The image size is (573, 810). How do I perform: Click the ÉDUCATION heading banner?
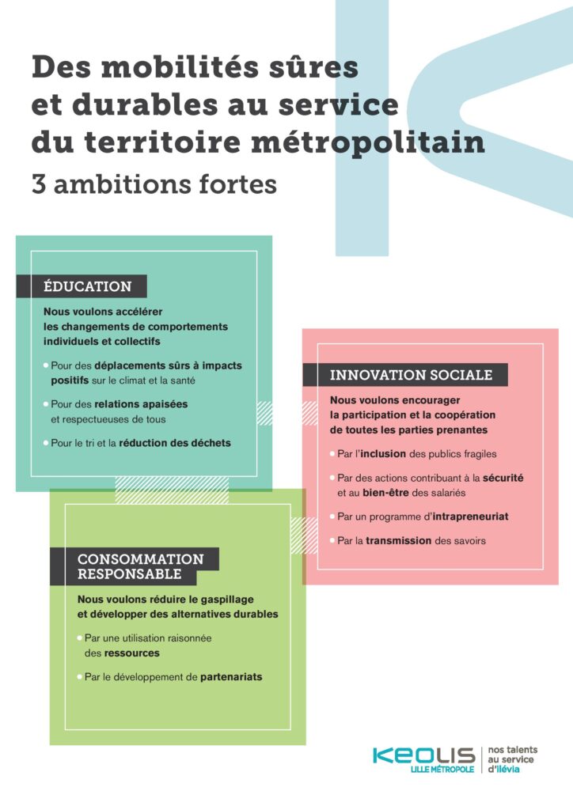click(87, 286)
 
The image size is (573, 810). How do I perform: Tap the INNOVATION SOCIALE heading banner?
click(411, 375)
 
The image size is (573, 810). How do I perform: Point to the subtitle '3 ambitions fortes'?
click(154, 184)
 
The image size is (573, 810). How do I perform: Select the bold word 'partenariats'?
click(231, 677)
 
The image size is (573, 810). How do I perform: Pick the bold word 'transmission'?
click(398, 541)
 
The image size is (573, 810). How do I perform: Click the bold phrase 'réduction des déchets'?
click(175, 443)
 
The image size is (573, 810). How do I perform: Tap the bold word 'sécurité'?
click(502, 479)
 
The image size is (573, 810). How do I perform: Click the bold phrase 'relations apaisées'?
click(142, 404)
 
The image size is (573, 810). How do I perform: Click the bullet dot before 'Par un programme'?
click(332, 516)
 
